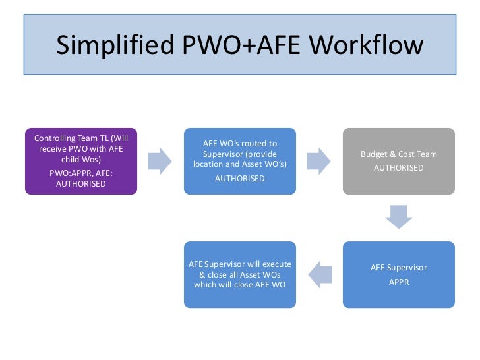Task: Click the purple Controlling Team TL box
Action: [x=81, y=161]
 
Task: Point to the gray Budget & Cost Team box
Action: [x=398, y=161]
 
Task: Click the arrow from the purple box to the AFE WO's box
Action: [x=160, y=161]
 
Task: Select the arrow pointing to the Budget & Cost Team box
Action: [x=319, y=161]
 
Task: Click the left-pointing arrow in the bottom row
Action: [x=319, y=274]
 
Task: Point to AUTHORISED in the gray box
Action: [x=398, y=167]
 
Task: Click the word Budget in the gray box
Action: [x=374, y=154]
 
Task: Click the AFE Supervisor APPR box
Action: [x=398, y=274]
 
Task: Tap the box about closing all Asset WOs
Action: [x=240, y=274]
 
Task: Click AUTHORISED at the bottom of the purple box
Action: [x=80, y=184]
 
